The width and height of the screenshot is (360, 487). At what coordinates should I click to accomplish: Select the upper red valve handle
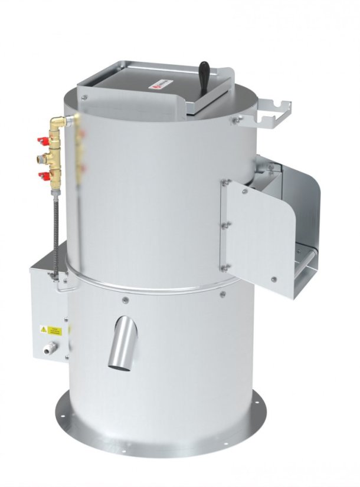point(42,142)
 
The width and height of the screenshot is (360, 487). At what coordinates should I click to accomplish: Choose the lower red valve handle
point(43,175)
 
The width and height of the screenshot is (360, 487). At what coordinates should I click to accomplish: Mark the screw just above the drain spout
point(125,300)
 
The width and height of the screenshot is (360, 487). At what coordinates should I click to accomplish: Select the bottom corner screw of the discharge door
point(274,279)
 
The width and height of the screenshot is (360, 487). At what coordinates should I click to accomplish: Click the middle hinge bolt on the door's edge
point(224,225)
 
